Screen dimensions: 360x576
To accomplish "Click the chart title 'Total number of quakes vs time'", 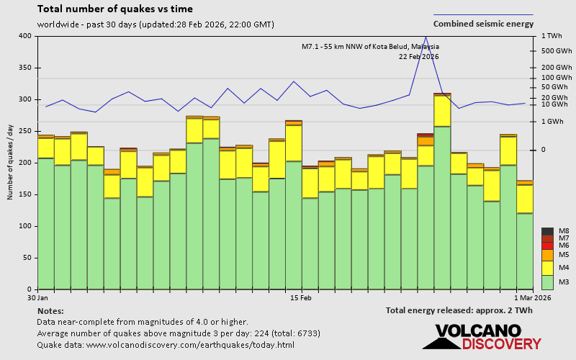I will pyautogui.click(x=114, y=9).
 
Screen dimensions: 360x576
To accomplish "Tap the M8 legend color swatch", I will pyautogui.click(x=547, y=231).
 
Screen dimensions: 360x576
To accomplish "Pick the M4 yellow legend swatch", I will pyautogui.click(x=547, y=267).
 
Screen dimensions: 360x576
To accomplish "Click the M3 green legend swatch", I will pyautogui.click(x=547, y=282).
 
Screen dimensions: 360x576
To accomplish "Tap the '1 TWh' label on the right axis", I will pyautogui.click(x=551, y=36).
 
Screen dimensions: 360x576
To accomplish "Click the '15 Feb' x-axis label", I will pyautogui.click(x=300, y=297).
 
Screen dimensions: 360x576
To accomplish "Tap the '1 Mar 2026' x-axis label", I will pyautogui.click(x=533, y=297).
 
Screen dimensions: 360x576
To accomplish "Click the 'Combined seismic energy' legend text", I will pyautogui.click(x=483, y=24).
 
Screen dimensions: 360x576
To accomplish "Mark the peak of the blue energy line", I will pyautogui.click(x=426, y=37).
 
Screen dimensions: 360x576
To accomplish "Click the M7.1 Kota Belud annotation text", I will pyautogui.click(x=370, y=47).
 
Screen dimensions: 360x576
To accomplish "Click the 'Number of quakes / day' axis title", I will pyautogui.click(x=10, y=162).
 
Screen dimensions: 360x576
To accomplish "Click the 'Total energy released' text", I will pyautogui.click(x=459, y=310).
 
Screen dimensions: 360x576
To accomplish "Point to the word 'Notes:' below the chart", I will pyautogui.click(x=50, y=310).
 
